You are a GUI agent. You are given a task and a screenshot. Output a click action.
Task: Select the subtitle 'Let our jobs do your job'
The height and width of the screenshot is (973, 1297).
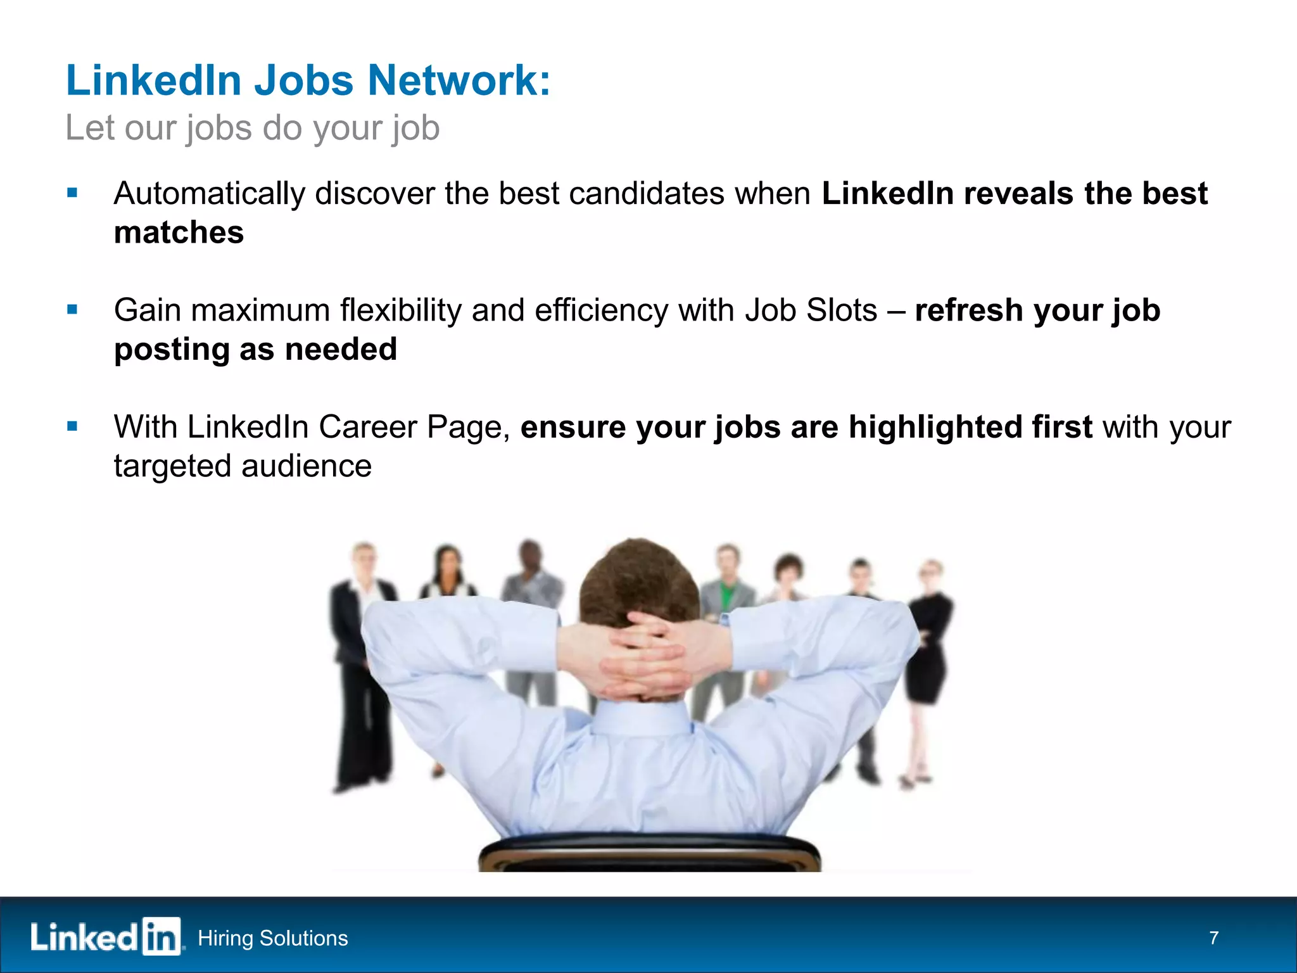point(252,128)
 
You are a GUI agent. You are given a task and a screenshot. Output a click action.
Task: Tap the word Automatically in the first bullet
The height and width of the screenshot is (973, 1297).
point(209,194)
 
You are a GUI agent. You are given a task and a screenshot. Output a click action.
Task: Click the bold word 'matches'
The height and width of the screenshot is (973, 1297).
point(179,232)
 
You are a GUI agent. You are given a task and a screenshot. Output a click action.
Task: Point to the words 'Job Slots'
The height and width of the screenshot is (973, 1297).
point(811,310)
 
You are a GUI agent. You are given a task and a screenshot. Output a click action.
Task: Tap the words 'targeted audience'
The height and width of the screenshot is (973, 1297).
point(243,466)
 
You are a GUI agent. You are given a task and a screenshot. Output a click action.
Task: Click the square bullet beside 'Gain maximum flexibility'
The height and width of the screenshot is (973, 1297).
point(72,310)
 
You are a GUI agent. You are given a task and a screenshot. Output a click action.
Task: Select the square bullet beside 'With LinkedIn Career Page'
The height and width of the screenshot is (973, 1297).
point(72,426)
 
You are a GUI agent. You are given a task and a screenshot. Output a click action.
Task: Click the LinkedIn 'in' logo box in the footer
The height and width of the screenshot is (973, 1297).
point(161,936)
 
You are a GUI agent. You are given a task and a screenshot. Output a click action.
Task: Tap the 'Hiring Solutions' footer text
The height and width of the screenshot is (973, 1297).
point(272,938)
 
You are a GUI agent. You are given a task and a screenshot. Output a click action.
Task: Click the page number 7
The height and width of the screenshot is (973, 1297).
point(1213,938)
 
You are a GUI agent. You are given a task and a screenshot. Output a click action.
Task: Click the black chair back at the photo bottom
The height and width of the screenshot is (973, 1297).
point(649,852)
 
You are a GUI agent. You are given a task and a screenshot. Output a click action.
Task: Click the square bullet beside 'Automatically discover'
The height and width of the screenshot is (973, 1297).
point(72,193)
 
